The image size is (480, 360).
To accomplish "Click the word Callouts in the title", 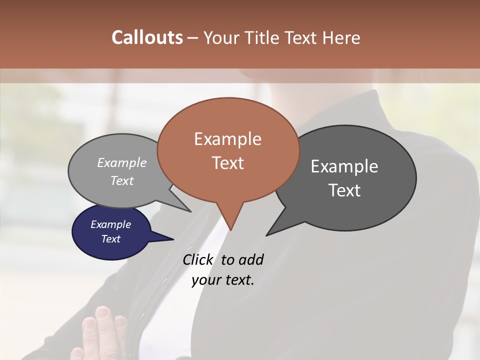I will pyautogui.click(x=147, y=38).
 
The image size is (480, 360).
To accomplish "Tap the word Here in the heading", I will pyautogui.click(x=342, y=38).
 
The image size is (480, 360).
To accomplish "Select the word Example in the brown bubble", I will pyautogui.click(x=227, y=139).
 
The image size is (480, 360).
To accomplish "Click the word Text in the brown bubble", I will pyautogui.click(x=228, y=163).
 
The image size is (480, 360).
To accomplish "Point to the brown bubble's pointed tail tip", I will pyautogui.click(x=231, y=230).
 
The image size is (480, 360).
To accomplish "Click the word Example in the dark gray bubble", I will pyautogui.click(x=344, y=166).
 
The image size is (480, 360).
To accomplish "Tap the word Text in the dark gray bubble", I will pyautogui.click(x=344, y=190).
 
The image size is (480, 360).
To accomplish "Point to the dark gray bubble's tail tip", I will pyautogui.click(x=266, y=235).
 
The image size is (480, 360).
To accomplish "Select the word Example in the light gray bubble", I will pyautogui.click(x=122, y=163).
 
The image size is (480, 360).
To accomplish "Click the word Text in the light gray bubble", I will pyautogui.click(x=122, y=181).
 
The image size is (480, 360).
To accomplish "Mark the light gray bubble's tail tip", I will pyautogui.click(x=190, y=211).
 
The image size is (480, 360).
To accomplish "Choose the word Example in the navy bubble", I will pyautogui.click(x=110, y=224).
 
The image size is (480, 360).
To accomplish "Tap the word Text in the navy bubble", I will pyautogui.click(x=110, y=239).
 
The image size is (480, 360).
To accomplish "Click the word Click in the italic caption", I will pyautogui.click(x=197, y=260).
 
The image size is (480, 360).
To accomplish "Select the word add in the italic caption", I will pyautogui.click(x=251, y=260).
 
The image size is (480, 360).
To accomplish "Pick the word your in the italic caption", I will pyautogui.click(x=205, y=280).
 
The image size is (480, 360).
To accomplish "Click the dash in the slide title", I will pyautogui.click(x=193, y=38).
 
